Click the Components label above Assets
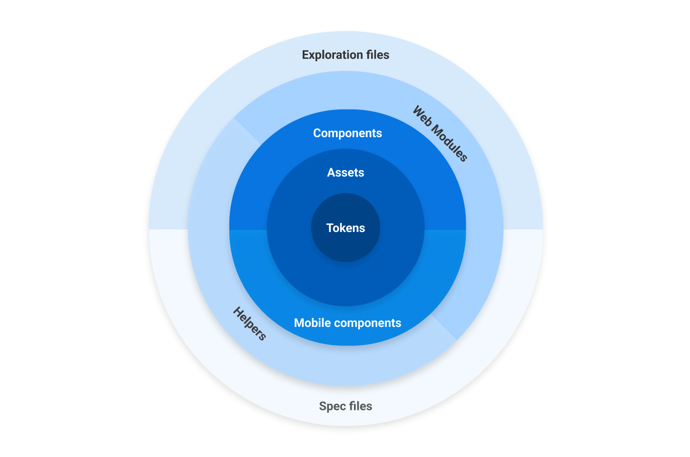pyautogui.click(x=348, y=133)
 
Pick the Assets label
pyautogui.click(x=346, y=173)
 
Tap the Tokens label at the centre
pyautogui.click(x=346, y=228)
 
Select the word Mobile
pyautogui.click(x=312, y=323)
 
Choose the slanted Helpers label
pyautogui.click(x=249, y=324)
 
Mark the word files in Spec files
pyautogui.click(x=361, y=406)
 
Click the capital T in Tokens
pyautogui.click(x=330, y=228)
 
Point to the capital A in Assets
pyautogui.click(x=331, y=173)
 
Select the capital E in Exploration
pyautogui.click(x=305, y=55)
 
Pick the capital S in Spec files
pyautogui.click(x=323, y=406)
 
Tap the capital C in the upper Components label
pyautogui.click(x=317, y=133)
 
